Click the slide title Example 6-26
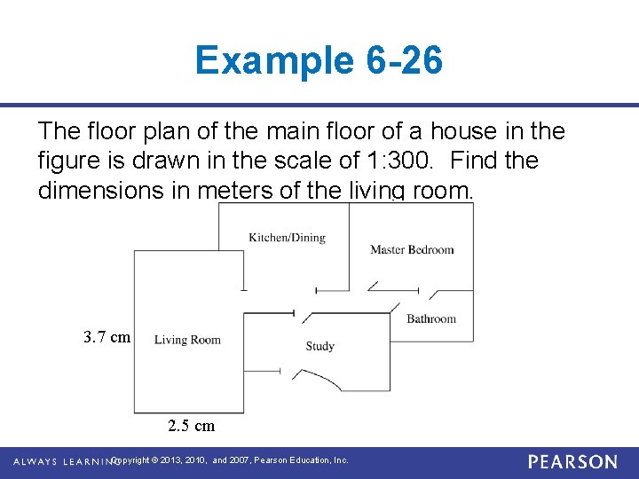319,60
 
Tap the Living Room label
187,340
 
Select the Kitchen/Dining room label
288,238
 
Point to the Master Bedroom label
412,249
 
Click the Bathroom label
431,318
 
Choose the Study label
319,346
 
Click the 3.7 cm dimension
106,337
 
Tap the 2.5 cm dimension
191,426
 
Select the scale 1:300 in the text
398,160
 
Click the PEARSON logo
572,462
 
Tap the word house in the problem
464,130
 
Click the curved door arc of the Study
318,379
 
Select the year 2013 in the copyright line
170,460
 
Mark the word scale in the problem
303,160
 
